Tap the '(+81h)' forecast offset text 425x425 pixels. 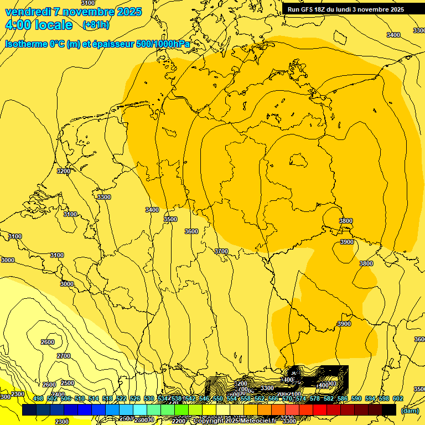point(96,25)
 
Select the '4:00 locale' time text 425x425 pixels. point(39,25)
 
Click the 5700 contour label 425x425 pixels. point(221,251)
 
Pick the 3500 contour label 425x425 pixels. point(170,219)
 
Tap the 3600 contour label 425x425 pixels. point(191,231)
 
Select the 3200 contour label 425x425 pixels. point(64,171)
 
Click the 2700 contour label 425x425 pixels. point(64,356)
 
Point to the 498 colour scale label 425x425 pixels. point(38,398)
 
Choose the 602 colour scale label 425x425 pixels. point(398,398)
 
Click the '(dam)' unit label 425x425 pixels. point(410,410)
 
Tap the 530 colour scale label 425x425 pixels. point(149,398)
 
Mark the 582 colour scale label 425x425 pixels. point(329,398)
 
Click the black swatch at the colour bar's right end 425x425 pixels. point(389,410)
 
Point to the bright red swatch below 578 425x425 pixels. point(320,410)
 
